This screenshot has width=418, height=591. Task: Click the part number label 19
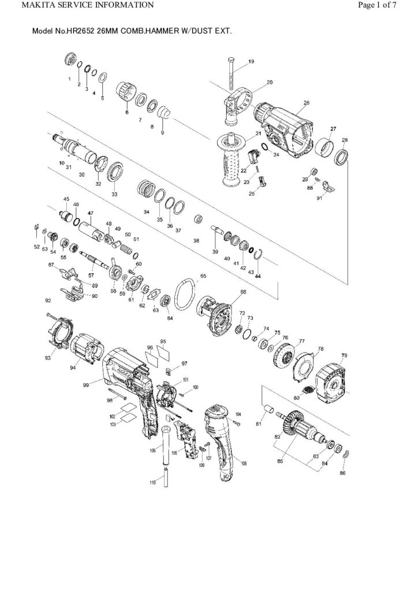point(251,61)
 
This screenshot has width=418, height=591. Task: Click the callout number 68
point(243,292)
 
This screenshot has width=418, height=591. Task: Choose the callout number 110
point(153,482)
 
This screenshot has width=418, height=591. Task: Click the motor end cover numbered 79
point(335,380)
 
